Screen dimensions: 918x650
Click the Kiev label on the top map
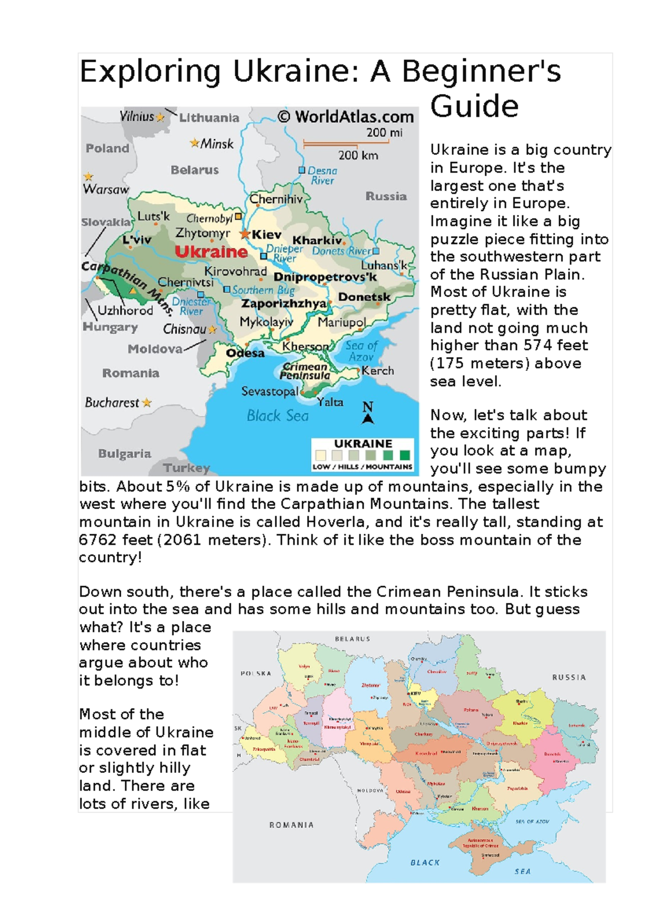tap(266, 235)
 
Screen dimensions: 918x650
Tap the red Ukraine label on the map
tap(211, 252)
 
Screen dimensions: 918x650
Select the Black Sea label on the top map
tap(277, 416)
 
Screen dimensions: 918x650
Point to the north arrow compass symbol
tap(368, 412)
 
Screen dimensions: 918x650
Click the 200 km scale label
tap(358, 155)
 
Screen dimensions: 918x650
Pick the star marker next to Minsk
tap(194, 143)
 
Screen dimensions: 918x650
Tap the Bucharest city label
tap(112, 403)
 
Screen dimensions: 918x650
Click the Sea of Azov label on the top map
tap(361, 351)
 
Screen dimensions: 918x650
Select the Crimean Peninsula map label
tap(305, 371)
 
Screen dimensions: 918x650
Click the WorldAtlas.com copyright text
tap(346, 116)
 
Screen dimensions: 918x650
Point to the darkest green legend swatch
tap(405, 455)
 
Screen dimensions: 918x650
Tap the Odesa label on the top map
tap(245, 353)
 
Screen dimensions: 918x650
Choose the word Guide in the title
tap(474, 106)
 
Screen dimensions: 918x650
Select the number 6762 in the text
tap(97, 540)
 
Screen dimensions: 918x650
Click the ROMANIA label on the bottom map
tap(291, 825)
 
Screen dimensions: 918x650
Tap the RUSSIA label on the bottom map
tap(569, 677)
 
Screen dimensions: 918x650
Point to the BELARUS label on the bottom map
tap(353, 639)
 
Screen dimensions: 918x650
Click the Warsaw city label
tap(106, 189)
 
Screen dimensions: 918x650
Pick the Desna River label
tap(322, 175)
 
